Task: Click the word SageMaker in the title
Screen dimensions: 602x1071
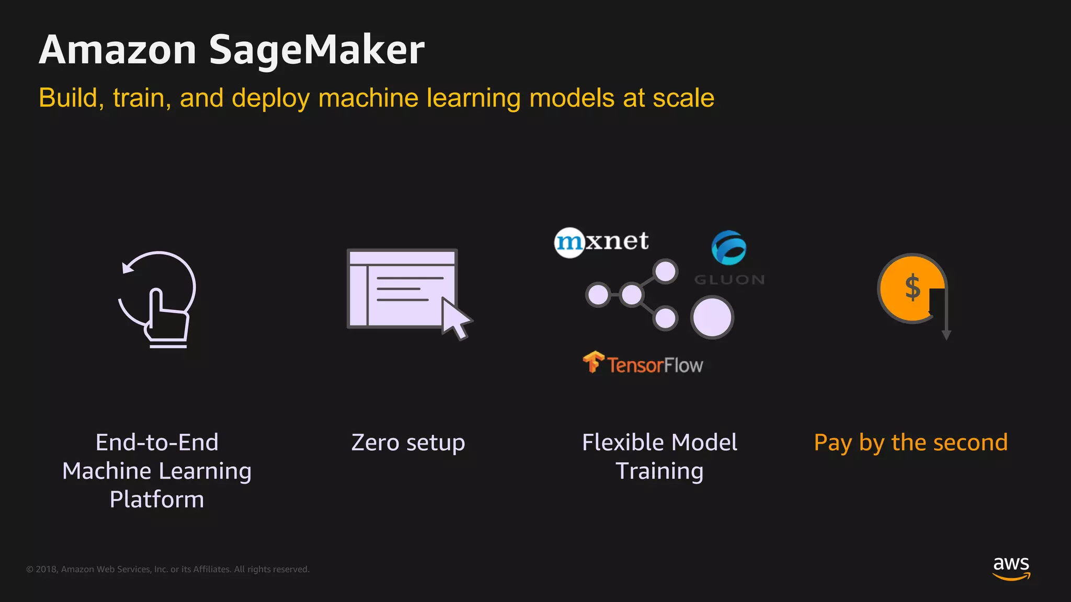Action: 316,50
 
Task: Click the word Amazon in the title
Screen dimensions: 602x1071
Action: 118,50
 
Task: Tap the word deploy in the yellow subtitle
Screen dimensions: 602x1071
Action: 270,98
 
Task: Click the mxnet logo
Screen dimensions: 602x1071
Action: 601,242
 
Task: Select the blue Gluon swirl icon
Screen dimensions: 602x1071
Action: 728,247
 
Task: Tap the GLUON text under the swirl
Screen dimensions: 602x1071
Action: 730,280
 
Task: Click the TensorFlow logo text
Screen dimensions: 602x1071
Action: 655,365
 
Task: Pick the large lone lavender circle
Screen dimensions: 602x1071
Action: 712,317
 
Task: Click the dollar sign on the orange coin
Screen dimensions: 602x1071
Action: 913,287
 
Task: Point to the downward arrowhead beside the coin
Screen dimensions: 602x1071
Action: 946,335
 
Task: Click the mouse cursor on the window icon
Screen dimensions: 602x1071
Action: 455,318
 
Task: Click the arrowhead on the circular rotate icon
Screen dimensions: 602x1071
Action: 127,268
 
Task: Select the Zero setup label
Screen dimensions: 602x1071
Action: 408,443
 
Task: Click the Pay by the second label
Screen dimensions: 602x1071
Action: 910,443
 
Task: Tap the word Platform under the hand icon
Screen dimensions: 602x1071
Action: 157,500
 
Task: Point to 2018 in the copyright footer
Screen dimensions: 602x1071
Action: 47,569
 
